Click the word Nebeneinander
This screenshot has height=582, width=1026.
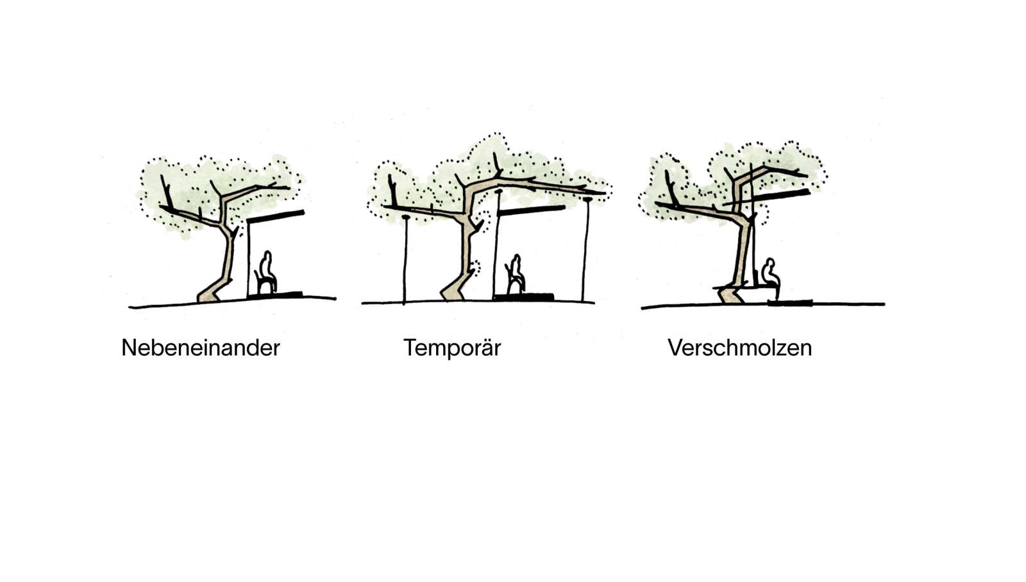[x=201, y=348]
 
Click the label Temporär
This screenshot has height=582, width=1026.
[x=452, y=348]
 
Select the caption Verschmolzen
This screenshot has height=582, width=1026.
[x=739, y=348]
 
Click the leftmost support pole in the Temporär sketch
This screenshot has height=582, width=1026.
[x=405, y=260]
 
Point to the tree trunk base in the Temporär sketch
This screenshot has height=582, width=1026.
[x=453, y=291]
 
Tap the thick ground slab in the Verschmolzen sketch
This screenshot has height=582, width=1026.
[x=790, y=302]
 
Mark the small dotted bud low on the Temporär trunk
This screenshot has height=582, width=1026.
[x=475, y=268]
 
